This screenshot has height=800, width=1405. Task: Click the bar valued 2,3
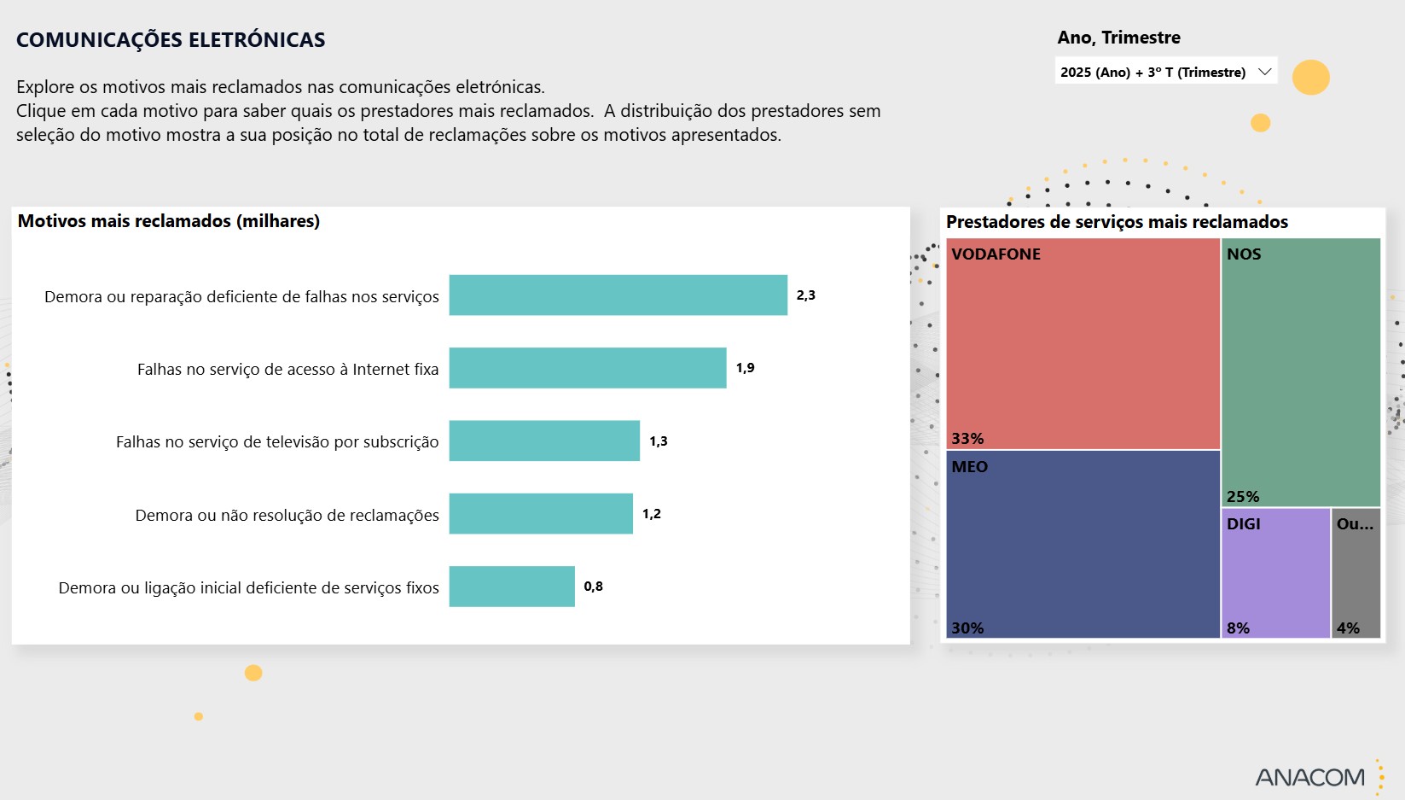coord(618,295)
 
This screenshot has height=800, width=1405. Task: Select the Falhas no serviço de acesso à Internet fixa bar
coord(588,368)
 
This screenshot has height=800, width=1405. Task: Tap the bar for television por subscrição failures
coord(544,441)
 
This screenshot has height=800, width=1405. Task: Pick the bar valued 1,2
coord(541,514)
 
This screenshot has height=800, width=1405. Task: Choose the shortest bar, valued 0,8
coord(512,587)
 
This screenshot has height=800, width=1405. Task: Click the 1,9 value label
coord(746,368)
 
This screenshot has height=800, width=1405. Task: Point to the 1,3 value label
coord(659,441)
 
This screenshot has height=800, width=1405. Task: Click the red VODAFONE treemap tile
coord(1083,343)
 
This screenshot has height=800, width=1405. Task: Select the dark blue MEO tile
coord(1083,544)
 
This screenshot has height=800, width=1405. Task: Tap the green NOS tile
coord(1301,372)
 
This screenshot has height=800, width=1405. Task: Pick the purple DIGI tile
coord(1275,573)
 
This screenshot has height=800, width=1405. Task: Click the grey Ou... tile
coord(1356,573)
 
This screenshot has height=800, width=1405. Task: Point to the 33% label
coord(967,439)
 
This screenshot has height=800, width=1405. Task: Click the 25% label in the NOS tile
coord(1243,497)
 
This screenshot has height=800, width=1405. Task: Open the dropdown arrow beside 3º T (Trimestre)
coord(1265,72)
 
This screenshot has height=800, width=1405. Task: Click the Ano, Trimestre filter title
coord(1118,38)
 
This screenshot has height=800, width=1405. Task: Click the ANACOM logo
coord(1310,777)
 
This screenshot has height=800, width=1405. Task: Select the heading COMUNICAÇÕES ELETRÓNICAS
coord(171,40)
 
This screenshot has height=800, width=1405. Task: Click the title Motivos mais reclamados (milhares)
coord(169,221)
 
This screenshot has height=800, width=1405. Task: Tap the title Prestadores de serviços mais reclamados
coord(1117,222)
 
